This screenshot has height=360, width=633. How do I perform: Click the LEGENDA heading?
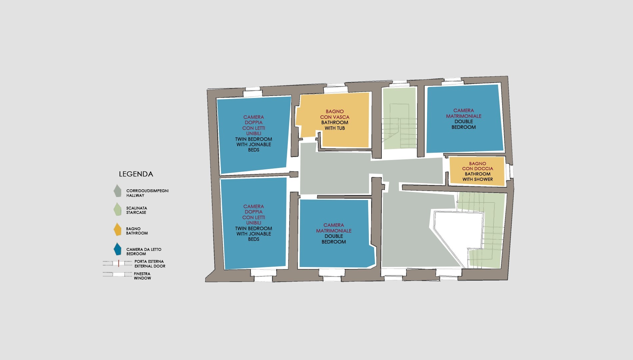coord(136,174)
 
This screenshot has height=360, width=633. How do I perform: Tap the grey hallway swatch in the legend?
coord(117,191)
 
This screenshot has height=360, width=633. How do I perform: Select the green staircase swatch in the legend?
coord(117,209)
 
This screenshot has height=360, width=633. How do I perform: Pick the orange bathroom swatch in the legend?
coord(117,230)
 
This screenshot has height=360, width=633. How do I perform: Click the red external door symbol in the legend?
coord(118,263)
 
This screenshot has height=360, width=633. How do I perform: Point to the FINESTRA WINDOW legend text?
coord(142,276)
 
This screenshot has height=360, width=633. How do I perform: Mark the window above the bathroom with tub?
coord(336,90)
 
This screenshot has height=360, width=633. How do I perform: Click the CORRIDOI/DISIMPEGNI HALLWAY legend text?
coord(147,193)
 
